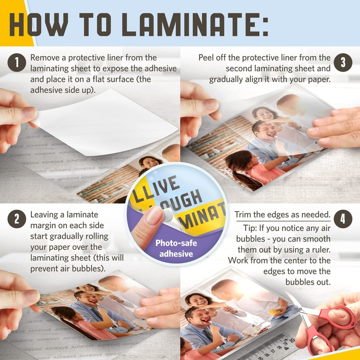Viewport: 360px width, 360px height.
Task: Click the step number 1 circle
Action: (17, 63)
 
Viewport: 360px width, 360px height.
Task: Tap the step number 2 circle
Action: (17, 219)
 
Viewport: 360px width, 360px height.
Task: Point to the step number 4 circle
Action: (343, 219)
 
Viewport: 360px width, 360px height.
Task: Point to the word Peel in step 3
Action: (207, 58)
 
